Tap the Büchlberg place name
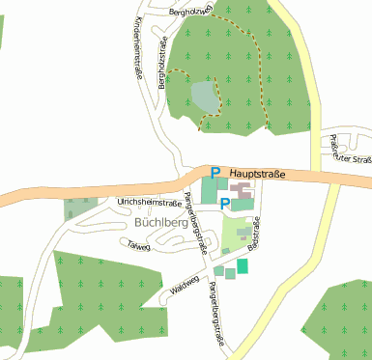tap(159, 221)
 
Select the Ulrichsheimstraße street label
tap(149, 203)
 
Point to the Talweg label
tap(139, 245)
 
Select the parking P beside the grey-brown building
tap(225, 203)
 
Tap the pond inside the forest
tap(205, 96)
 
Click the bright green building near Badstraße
tap(242, 265)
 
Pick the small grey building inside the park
tap(242, 233)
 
